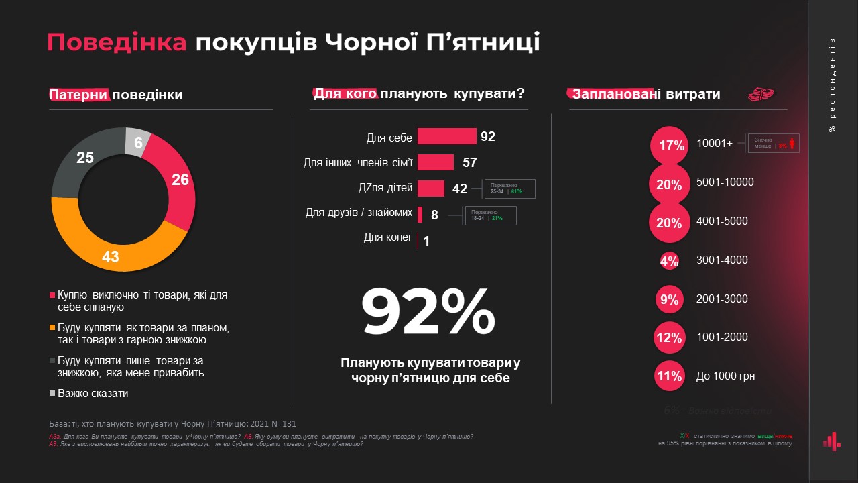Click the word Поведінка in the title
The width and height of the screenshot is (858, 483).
(x=117, y=42)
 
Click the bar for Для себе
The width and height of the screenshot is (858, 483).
(x=446, y=137)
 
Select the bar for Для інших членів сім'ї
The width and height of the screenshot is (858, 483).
(x=435, y=162)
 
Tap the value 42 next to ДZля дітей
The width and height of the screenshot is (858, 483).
(x=459, y=189)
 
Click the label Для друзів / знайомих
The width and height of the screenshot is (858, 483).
(x=359, y=213)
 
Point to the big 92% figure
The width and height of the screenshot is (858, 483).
(x=429, y=312)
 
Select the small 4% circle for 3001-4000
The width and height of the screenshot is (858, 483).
(x=669, y=261)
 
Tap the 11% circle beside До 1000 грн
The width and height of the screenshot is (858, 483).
(x=669, y=376)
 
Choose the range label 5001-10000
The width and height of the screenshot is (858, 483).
(x=725, y=182)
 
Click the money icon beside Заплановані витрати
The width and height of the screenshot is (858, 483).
(x=761, y=95)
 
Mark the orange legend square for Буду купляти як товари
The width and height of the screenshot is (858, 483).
(x=52, y=328)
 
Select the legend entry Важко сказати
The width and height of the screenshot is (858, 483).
(x=93, y=394)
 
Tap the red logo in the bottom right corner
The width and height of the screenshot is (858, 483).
(x=831, y=441)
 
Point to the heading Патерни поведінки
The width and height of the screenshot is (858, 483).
(x=116, y=95)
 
